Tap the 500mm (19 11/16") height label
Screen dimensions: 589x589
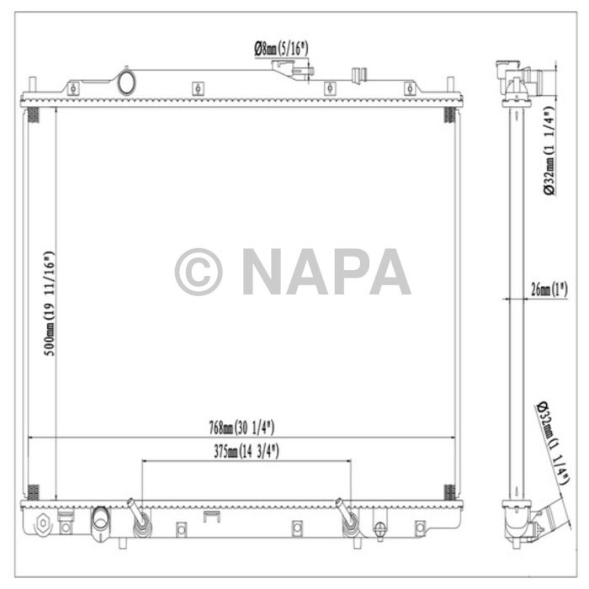click(50, 304)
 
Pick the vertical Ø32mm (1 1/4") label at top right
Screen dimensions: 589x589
click(548, 152)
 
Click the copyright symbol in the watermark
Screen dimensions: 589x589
click(199, 273)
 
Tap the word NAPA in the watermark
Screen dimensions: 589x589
click(326, 273)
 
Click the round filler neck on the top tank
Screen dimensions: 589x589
click(128, 82)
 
